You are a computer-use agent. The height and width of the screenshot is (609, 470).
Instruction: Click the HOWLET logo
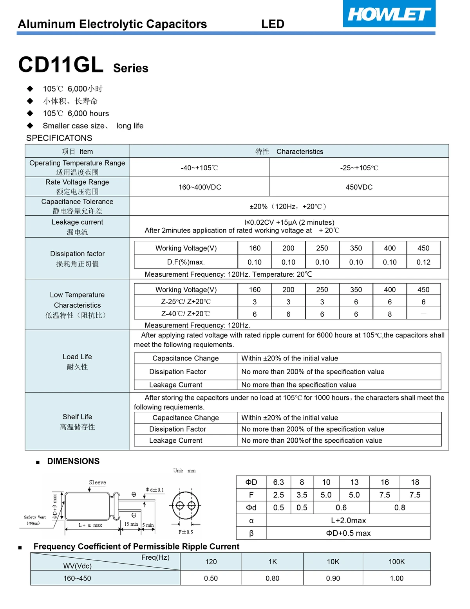tap(389, 14)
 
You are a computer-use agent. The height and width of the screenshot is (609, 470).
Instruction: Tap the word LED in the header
tap(273, 24)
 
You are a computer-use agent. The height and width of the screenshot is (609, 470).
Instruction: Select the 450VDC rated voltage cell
tap(359, 187)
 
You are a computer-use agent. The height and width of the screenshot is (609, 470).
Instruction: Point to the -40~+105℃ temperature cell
tap(199, 168)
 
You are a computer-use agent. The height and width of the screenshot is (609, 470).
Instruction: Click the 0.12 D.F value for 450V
tap(423, 262)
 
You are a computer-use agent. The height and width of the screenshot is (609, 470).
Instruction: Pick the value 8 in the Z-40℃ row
tap(390, 314)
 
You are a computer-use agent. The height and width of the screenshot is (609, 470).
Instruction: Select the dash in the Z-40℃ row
tap(423, 314)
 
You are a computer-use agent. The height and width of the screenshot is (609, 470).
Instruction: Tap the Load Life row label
tap(77, 361)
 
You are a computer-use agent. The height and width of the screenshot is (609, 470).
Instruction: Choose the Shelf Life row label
tap(77, 422)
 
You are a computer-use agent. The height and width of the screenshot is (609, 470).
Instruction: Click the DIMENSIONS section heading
tap(73, 461)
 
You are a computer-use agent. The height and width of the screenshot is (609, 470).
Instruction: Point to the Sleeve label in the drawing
tap(98, 483)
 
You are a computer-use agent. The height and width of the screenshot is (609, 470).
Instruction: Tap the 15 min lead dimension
tap(131, 524)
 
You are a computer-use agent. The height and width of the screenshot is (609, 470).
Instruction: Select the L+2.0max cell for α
tap(348, 521)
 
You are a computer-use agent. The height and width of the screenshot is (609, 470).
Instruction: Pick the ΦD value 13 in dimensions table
tap(354, 482)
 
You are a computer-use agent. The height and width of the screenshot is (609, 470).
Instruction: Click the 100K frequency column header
tap(396, 562)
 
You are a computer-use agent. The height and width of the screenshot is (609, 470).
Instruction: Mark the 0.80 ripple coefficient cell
tap(273, 578)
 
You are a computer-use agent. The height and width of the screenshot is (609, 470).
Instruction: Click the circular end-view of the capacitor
tap(186, 506)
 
